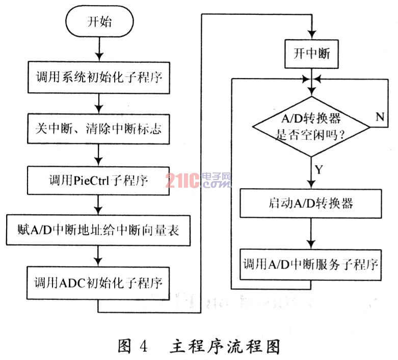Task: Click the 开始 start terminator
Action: (99, 21)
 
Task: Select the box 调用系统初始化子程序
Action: (99, 78)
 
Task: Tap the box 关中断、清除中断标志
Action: (98, 129)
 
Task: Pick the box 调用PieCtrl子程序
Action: (98, 181)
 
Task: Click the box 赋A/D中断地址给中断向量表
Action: (98, 230)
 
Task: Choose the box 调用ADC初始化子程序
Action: (98, 283)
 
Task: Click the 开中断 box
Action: (311, 54)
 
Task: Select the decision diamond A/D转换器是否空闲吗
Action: (311, 126)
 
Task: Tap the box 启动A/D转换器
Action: (311, 203)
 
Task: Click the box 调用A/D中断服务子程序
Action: (311, 265)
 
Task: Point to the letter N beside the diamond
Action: (380, 117)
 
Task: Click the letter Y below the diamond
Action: (319, 169)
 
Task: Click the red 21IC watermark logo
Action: (182, 181)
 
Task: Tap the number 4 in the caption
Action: (143, 346)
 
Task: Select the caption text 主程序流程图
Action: (225, 346)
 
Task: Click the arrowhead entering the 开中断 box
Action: (312, 35)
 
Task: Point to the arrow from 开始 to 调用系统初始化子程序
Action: (99, 49)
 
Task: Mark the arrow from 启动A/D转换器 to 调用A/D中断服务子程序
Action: (311, 234)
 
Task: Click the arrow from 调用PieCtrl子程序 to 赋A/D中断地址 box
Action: (98, 205)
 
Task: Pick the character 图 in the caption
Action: (124, 346)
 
